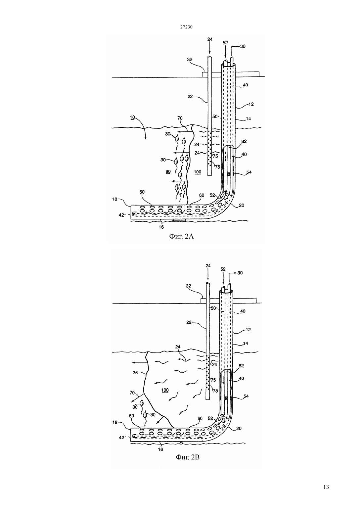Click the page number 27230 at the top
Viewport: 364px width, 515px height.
click(186, 27)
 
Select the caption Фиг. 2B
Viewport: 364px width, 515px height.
click(188, 457)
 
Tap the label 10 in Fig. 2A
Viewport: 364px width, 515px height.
click(132, 117)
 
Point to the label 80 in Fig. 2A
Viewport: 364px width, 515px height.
click(168, 171)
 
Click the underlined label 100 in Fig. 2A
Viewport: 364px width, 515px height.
click(198, 172)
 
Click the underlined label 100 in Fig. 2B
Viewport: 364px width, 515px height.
click(165, 390)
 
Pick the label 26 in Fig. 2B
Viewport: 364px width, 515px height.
click(135, 373)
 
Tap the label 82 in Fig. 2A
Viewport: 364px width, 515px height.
click(244, 141)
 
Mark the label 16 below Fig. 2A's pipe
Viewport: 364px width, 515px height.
click(161, 227)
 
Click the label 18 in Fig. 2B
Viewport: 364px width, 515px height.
click(115, 422)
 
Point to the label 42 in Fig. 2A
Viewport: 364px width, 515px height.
click(121, 215)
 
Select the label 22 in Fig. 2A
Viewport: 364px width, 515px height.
click(190, 97)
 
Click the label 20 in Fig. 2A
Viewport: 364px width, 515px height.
click(242, 205)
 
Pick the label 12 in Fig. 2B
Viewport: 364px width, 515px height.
click(248, 330)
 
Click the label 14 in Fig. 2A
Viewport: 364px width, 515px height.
click(248, 118)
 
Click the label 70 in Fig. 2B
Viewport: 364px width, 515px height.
click(132, 393)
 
